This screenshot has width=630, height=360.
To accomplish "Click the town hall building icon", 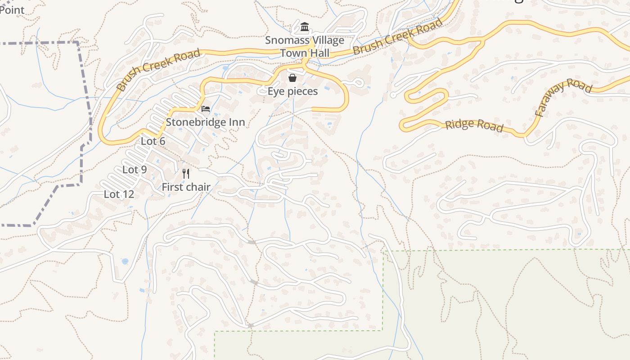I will [x=305, y=27].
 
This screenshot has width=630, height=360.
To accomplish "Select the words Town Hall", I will [x=305, y=53].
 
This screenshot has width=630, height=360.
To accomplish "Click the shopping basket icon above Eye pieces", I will [x=292, y=78].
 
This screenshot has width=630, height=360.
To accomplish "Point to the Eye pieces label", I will [x=292, y=91].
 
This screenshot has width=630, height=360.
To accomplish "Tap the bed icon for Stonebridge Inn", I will [x=206, y=109].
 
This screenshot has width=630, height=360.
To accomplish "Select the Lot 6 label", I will [x=153, y=141].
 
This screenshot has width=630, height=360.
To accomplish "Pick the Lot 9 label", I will [x=135, y=170].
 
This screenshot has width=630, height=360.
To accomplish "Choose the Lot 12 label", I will [x=119, y=194].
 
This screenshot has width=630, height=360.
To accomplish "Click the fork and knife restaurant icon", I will [x=186, y=173].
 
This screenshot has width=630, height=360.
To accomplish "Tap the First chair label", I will [x=186, y=187].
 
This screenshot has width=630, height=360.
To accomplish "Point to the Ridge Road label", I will [x=474, y=126].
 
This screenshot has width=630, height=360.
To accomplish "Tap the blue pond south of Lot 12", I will [x=125, y=261].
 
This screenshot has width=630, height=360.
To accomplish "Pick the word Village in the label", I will [x=328, y=40].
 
